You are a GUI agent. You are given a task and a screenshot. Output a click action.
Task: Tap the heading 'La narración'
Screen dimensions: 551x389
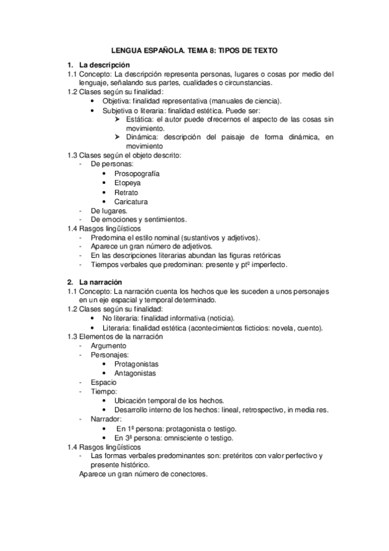pos(100,283)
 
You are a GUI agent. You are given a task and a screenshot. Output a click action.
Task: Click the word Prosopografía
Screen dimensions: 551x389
pos(136,174)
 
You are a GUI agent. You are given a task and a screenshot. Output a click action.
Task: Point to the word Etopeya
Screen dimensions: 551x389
pos(127,183)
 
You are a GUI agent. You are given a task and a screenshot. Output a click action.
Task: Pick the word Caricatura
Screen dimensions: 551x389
pos(131,202)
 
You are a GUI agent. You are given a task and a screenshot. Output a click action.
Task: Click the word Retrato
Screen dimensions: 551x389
pos(126,193)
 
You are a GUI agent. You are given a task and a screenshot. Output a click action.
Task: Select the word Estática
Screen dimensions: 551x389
pos(139,120)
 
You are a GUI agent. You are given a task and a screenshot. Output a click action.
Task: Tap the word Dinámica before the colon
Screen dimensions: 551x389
pos(142,138)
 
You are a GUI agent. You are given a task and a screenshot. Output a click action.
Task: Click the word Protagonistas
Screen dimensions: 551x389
pos(136,364)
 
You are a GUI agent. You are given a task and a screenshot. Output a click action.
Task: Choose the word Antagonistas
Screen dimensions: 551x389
pos(136,374)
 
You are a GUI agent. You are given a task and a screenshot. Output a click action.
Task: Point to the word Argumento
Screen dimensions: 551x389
pos(109,346)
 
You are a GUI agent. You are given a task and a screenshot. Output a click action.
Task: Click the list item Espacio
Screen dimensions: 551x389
pos(104,383)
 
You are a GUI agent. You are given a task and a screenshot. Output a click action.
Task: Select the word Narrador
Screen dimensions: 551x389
pos(107,420)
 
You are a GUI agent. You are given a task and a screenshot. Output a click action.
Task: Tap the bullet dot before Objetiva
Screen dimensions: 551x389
pos(95,101)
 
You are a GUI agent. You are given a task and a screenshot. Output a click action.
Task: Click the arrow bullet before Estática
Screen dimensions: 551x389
pos(117,120)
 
